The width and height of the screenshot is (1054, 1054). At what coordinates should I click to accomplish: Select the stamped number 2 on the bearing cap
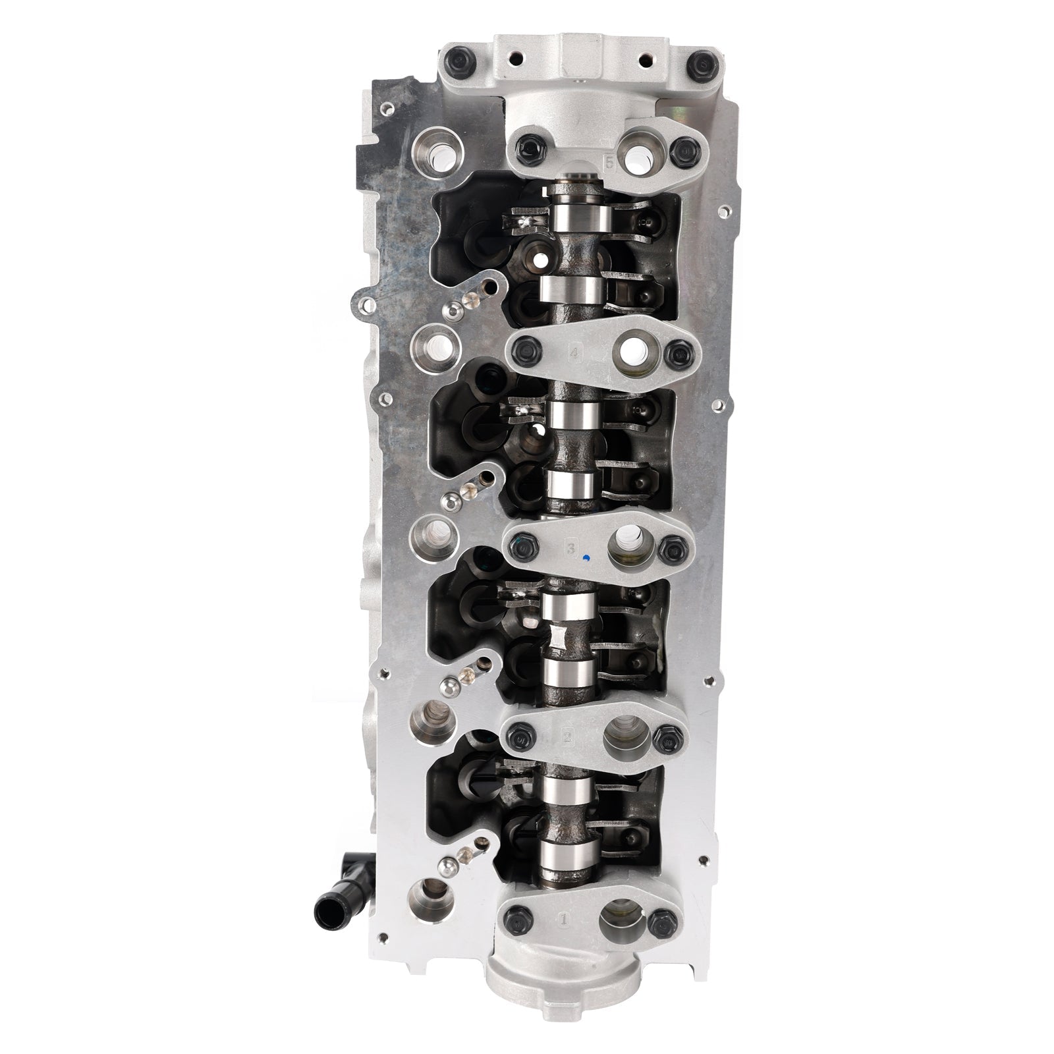[x=567, y=736]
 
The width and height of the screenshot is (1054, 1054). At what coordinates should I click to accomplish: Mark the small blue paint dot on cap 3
[x=585, y=559]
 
